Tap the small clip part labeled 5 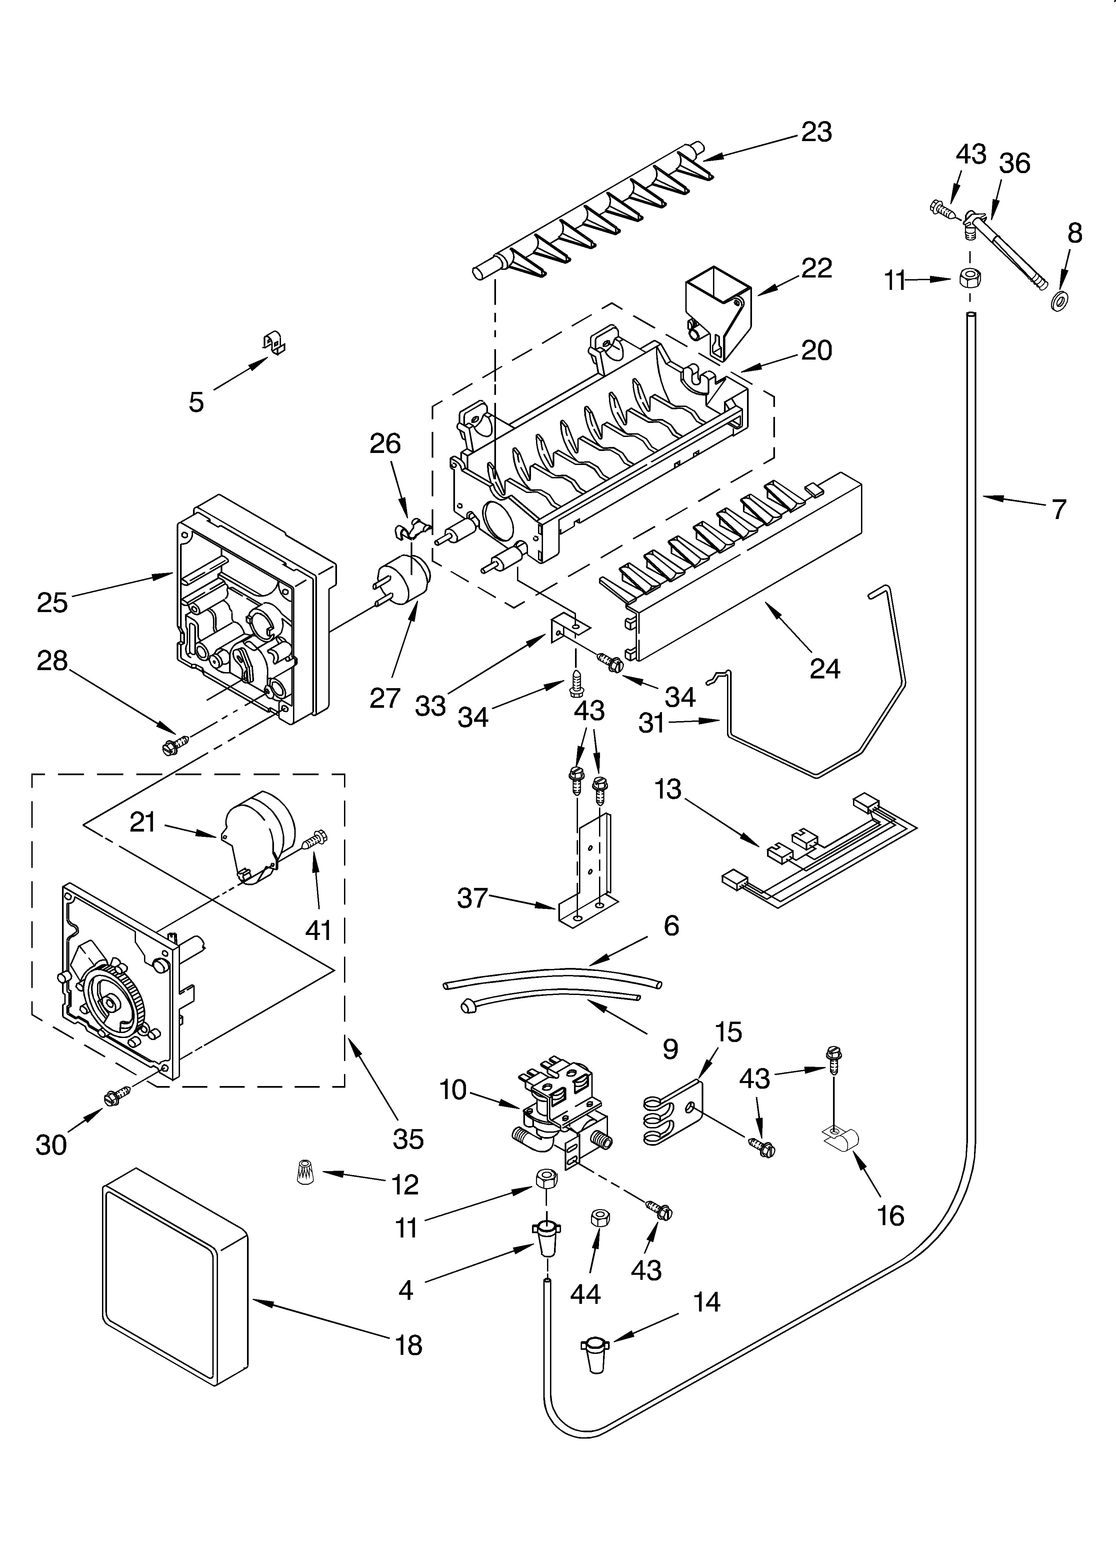click(274, 344)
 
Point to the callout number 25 click(52, 602)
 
